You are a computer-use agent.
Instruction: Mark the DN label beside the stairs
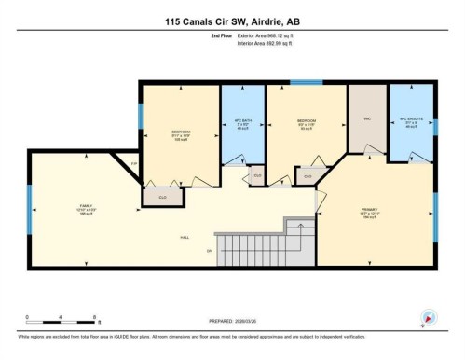[x=211, y=251]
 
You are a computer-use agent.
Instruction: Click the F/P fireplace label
[x=133, y=164]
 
